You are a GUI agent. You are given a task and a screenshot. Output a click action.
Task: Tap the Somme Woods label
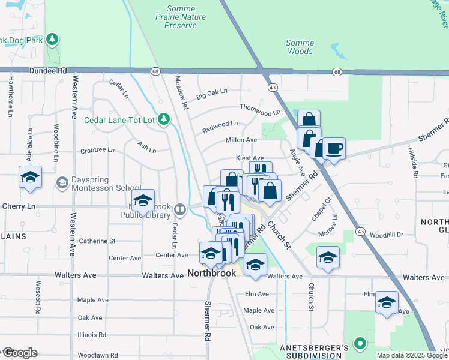(299, 47)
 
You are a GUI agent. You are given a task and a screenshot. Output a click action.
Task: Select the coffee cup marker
(334, 148)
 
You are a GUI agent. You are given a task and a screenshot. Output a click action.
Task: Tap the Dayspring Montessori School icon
(62, 182)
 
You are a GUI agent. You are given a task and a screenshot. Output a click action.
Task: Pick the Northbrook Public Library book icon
(180, 210)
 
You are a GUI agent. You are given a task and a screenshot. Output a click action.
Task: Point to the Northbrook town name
(211, 273)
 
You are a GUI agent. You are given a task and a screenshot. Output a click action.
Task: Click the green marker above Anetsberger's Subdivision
(360, 344)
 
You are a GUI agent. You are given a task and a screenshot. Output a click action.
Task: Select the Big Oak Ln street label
(212, 94)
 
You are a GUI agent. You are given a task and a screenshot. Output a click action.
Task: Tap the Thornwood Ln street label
(259, 109)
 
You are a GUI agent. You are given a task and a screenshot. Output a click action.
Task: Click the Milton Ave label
(241, 140)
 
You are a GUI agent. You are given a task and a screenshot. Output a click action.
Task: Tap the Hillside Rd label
(413, 163)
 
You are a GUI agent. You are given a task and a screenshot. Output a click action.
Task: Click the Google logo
(20, 353)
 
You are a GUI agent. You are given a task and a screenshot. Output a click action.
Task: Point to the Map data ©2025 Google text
(411, 355)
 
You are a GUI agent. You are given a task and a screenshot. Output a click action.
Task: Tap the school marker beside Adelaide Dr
(30, 177)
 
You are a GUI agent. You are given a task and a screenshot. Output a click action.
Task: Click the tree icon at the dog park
(53, 40)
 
